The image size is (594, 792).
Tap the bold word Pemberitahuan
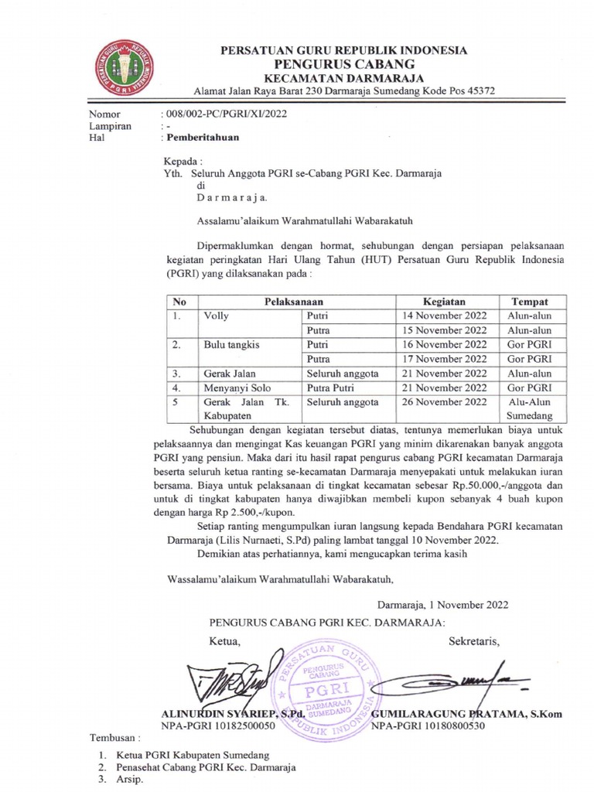click(x=199, y=138)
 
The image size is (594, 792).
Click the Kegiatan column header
click(x=444, y=301)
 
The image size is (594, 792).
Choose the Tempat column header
click(x=529, y=301)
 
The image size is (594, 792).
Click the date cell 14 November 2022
click(x=444, y=316)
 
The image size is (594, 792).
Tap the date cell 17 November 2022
click(x=444, y=359)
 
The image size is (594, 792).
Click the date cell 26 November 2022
click(x=444, y=402)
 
